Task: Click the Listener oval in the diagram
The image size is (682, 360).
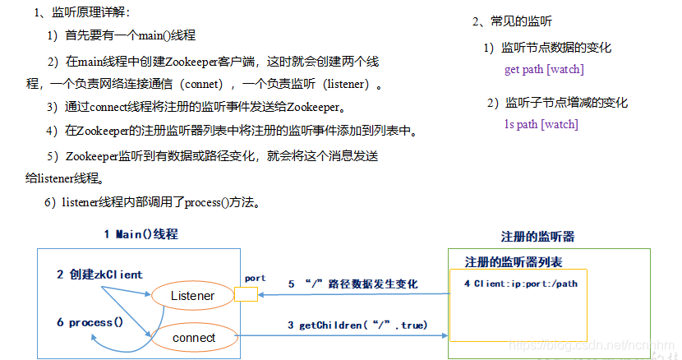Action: [x=193, y=296]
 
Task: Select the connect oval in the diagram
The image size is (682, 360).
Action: [x=195, y=337]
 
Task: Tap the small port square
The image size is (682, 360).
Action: [x=247, y=294]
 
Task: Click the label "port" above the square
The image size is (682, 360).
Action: [x=256, y=279]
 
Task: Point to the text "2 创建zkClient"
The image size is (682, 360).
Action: [x=99, y=275]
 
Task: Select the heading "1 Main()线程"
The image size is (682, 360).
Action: [x=141, y=234]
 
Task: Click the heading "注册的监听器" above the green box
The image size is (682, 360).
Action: [x=537, y=237]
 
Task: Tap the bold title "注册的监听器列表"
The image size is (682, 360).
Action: [x=514, y=262]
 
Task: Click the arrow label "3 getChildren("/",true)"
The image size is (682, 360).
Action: [x=357, y=325]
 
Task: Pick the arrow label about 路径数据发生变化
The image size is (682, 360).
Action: [x=353, y=284]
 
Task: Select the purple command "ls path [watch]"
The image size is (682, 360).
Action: [x=541, y=125]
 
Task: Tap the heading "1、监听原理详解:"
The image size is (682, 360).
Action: [x=82, y=12]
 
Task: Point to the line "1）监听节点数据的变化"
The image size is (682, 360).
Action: [x=547, y=48]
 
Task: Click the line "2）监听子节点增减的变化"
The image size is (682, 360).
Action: [x=556, y=104]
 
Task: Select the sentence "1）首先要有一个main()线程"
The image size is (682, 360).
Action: [x=121, y=35]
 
